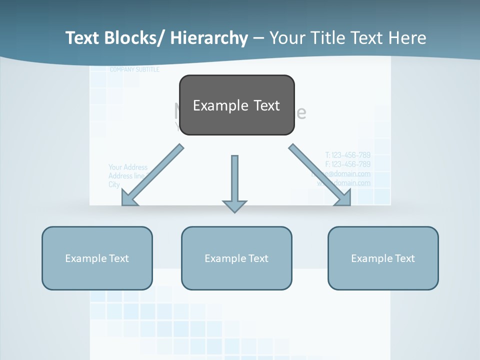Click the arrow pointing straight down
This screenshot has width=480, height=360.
pyautogui.click(x=234, y=182)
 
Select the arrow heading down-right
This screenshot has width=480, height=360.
pyautogui.click(x=320, y=175)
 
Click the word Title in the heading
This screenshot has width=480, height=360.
pyautogui.click(x=330, y=38)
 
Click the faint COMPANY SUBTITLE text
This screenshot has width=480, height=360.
pyautogui.click(x=134, y=69)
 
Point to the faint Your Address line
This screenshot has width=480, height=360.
pyautogui.click(x=128, y=167)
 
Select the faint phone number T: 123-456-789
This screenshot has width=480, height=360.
pyautogui.click(x=347, y=155)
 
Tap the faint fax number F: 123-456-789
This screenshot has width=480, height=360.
pyautogui.click(x=347, y=164)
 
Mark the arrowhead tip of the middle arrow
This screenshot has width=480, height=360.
pyautogui.click(x=234, y=211)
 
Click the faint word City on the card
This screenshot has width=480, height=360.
pyautogui.click(x=114, y=184)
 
